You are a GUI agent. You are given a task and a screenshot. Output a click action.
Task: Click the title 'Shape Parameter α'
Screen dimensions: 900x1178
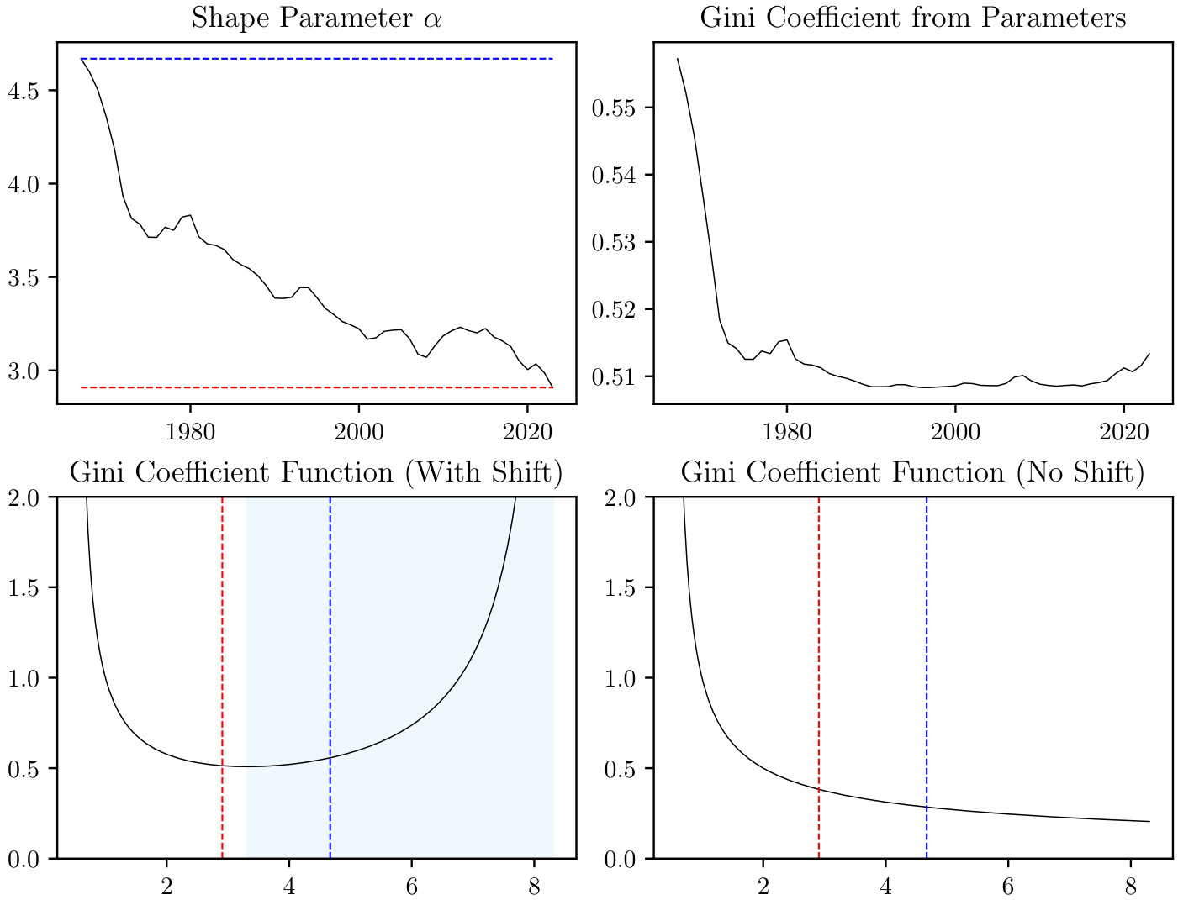316,18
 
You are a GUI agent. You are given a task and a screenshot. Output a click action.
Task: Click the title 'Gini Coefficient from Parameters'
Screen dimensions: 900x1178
913,18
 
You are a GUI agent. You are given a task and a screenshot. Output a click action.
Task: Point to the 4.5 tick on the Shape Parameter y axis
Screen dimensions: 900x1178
24,91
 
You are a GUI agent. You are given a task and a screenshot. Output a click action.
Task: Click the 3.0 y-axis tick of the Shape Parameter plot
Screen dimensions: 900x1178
24,371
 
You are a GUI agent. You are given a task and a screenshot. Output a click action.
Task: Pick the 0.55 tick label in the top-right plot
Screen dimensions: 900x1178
615,108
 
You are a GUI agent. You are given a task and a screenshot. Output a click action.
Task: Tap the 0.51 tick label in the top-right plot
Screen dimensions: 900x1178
615,376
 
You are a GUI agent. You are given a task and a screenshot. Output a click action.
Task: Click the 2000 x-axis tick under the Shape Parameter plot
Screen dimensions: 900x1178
359,432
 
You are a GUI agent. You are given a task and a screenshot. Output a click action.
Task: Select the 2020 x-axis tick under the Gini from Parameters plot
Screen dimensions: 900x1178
1124,432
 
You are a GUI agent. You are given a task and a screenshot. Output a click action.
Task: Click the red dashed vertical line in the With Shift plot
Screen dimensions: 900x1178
222,630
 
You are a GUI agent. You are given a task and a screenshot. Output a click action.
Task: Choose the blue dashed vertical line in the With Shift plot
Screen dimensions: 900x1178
330,630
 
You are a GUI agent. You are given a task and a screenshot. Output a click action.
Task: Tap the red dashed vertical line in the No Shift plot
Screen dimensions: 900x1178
819,630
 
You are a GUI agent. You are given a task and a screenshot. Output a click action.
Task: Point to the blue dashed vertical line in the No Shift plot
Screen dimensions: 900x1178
927,630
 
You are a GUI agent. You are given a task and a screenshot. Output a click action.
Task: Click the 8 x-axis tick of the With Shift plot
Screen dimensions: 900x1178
534,886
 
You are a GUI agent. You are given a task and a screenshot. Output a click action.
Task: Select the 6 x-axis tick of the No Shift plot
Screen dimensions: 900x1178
1008,886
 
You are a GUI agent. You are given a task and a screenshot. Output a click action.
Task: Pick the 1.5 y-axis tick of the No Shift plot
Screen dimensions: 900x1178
621,587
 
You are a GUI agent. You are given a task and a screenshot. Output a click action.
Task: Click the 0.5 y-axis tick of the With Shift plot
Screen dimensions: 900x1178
24,768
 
